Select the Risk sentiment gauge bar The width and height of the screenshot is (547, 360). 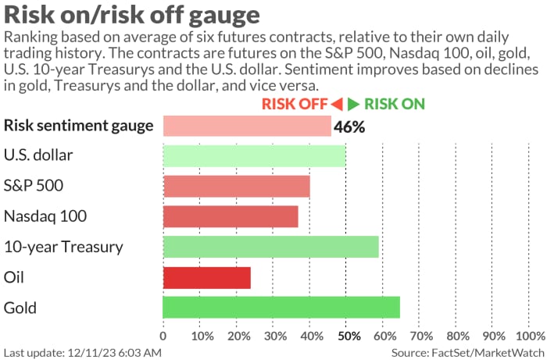tap(247, 126)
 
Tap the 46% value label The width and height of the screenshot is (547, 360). tap(349, 127)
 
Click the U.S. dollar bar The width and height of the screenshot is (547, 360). tap(254, 155)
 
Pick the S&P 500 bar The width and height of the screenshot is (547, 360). tap(236, 186)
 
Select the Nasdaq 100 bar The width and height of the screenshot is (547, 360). tap(231, 216)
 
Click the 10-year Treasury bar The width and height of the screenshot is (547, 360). tap(270, 247)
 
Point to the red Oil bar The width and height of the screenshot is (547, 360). tap(207, 277)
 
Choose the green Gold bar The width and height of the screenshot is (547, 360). tap(281, 308)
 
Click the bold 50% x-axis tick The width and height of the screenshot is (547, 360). tap(347, 336)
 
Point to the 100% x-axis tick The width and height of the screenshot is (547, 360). tap(531, 336)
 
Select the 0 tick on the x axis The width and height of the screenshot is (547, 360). tap(163, 336)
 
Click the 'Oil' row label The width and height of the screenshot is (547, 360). tap(15, 277)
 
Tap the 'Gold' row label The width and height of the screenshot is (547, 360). tap(20, 308)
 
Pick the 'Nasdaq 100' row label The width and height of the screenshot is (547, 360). tap(45, 216)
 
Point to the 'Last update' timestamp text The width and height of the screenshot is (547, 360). tap(82, 352)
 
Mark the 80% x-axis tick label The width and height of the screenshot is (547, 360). tap(458, 336)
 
